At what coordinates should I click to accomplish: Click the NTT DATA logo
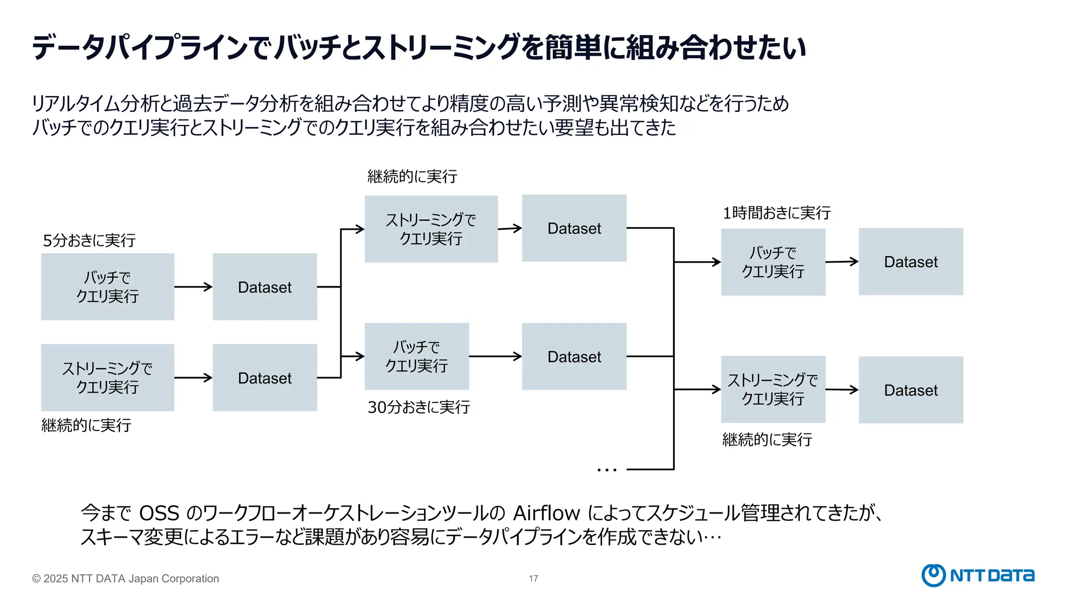978,575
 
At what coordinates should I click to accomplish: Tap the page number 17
533,579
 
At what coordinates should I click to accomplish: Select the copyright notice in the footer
126,579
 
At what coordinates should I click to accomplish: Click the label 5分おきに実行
89,241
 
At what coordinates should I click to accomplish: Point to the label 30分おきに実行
418,407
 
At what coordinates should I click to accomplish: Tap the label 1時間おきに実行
776,213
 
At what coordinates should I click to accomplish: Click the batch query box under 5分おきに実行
107,287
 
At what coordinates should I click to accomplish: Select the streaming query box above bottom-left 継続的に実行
107,378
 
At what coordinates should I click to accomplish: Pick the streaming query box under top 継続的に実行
431,229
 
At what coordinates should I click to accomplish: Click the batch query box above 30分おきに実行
416,356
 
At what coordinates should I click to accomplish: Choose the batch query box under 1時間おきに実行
773,262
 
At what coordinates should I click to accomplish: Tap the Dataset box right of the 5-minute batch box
265,287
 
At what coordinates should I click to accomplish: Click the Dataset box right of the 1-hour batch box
911,261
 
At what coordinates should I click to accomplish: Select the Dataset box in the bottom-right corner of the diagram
911,390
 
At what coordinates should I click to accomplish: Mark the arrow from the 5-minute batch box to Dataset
193,287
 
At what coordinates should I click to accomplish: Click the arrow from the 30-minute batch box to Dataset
495,356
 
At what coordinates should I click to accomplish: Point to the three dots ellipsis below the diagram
606,470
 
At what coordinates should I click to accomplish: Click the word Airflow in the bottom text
546,514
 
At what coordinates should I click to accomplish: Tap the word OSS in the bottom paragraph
159,514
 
